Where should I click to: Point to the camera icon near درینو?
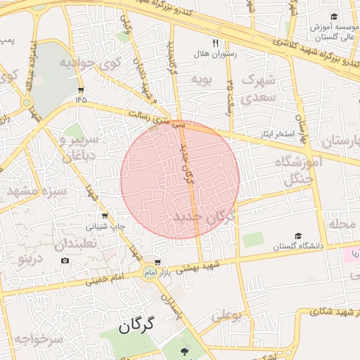coord(65,261)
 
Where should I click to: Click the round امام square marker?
coord(149,272)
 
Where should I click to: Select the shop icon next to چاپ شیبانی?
coord(105,216)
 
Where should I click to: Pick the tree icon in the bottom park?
coord(185,352)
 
